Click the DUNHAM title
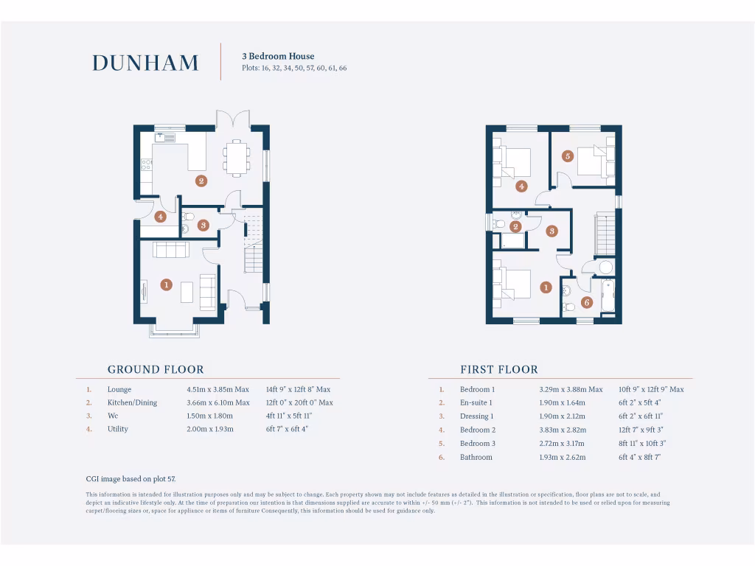145,63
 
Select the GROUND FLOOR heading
156,369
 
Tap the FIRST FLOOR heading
499,369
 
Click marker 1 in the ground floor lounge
167,284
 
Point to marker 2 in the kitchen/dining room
201,181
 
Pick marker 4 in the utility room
161,217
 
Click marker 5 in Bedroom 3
567,156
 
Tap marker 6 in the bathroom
587,302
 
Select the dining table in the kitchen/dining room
236,158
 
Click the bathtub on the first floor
608,296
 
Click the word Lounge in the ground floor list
119,389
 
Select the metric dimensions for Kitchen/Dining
218,402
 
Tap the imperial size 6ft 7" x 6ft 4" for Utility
287,429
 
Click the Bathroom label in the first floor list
476,457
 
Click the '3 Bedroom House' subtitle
278,56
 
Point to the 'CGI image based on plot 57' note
131,478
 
